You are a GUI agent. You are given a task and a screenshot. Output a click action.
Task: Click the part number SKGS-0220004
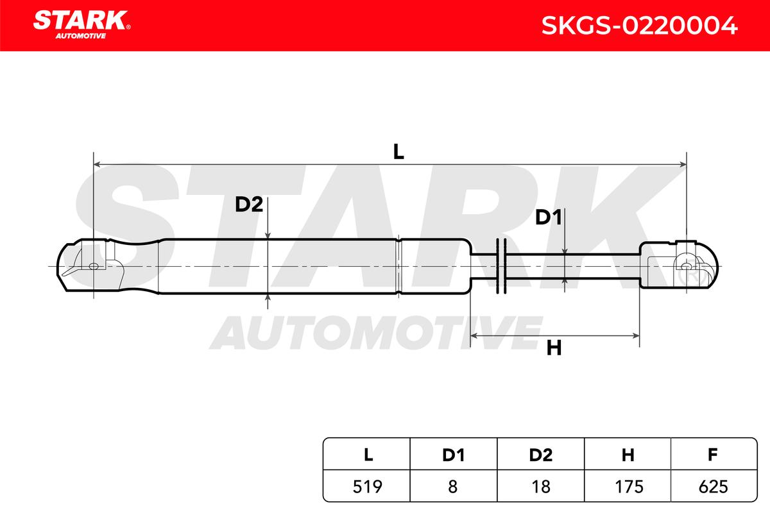pos(639,26)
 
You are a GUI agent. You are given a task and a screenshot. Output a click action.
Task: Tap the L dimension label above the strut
pos(398,152)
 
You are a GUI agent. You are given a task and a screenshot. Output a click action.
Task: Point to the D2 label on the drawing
pos(249,205)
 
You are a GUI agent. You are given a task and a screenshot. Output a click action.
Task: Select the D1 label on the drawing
pos(549,217)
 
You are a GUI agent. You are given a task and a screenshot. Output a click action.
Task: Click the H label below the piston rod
pos(554,348)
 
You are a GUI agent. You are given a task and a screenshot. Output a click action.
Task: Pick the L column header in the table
pos(368,455)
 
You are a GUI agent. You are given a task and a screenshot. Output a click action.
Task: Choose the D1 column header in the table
pos(454,455)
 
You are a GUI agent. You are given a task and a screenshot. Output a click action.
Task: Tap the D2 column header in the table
pos(541,455)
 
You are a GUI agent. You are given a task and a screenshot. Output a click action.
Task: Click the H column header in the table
pos(628,455)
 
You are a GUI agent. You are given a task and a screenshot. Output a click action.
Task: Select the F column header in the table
pos(713,455)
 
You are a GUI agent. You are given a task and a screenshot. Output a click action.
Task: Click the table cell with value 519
pos(367,487)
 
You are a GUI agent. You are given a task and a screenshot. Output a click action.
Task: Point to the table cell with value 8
pos(454,487)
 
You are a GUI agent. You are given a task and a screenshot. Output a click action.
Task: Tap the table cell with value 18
pos(541,487)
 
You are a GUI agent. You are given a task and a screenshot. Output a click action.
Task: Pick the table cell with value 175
pos(628,487)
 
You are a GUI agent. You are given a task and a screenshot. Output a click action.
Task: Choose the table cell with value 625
pos(714,487)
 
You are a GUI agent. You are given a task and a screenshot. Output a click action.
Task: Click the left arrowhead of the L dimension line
pos(97,165)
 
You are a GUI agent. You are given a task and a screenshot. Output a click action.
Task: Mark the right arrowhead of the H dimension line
pos(636,336)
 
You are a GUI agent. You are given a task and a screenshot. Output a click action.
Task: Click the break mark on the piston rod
pos(502,266)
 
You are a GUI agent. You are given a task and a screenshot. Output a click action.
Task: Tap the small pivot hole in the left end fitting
pos(94,266)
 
